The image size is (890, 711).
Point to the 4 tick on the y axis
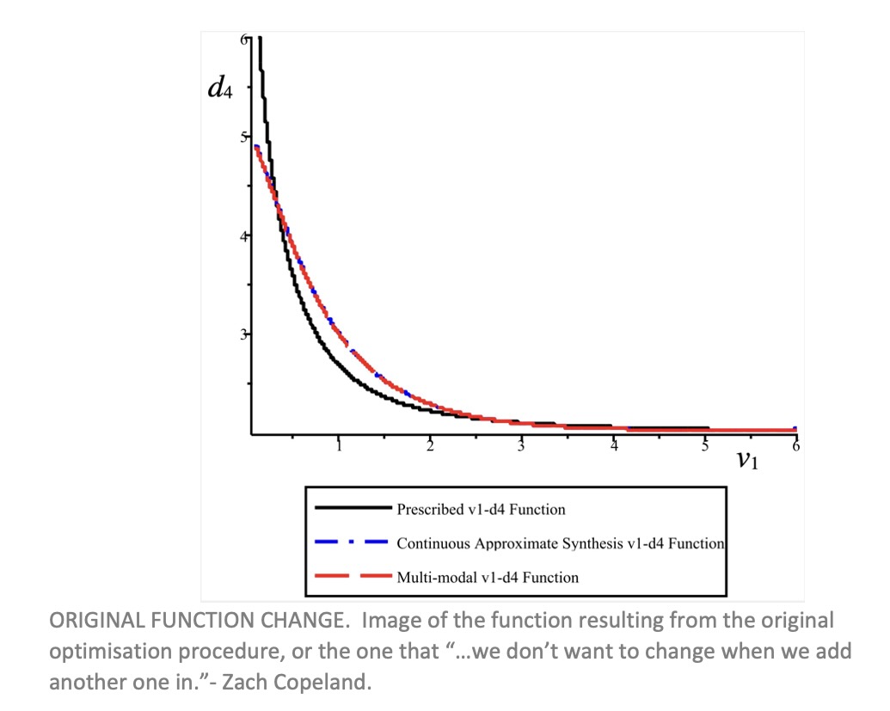coord(244,235)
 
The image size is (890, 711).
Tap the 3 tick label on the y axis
coord(244,334)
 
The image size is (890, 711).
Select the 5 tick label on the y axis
coord(244,137)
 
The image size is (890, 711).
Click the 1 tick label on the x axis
coord(340,445)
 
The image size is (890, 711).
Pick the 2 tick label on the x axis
coord(431,445)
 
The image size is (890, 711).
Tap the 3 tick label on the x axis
coord(522,445)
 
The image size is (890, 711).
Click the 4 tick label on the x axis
coord(613,445)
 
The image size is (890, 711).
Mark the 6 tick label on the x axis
coord(795,446)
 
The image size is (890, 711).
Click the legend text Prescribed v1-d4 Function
coord(481,509)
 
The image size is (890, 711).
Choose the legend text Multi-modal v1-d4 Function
coord(487,577)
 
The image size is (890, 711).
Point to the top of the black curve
coord(259,40)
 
